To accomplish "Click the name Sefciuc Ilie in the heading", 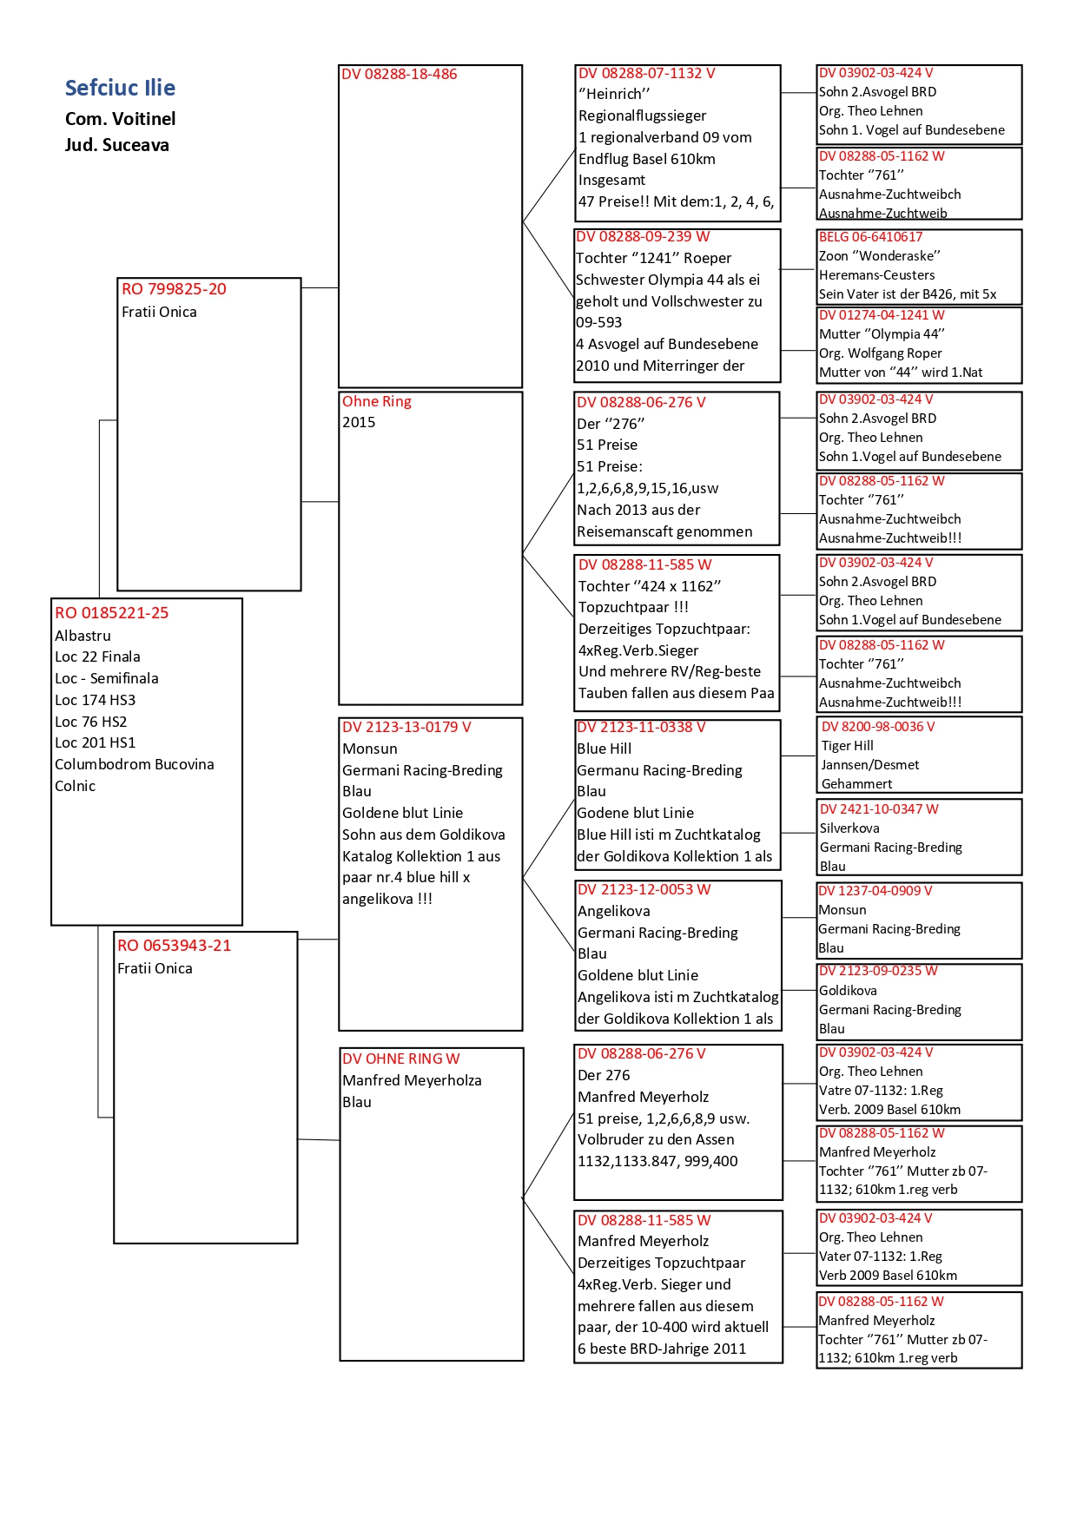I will (x=120, y=88).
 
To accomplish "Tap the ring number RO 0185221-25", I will (x=111, y=613).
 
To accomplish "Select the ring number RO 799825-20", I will (x=174, y=289).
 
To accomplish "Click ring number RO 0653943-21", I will (x=174, y=946).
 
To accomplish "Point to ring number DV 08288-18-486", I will (x=399, y=75).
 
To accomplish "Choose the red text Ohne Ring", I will (x=376, y=401).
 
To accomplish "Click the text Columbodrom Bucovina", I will (x=134, y=764).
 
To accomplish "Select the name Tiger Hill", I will (x=847, y=746).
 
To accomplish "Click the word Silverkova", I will (x=849, y=828).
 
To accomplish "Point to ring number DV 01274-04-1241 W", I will (x=881, y=315).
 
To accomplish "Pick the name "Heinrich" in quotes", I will (x=614, y=94).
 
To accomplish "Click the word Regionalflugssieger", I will (x=642, y=115).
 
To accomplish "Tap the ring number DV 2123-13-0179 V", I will (x=406, y=727).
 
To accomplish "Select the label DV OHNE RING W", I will (x=400, y=1059).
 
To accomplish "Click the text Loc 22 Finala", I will (x=97, y=656).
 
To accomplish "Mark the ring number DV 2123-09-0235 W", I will (x=877, y=971).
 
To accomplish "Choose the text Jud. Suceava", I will (x=116, y=145).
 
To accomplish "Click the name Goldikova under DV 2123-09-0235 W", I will (x=848, y=991).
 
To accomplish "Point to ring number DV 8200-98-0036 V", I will (x=877, y=727).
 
